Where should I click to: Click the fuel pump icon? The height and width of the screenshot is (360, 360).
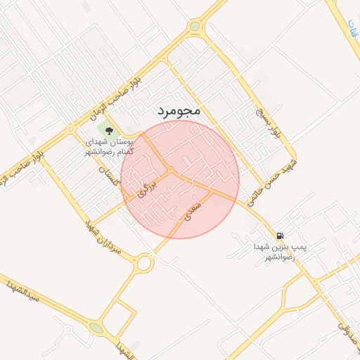281,236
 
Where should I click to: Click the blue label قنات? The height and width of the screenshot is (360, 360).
351,28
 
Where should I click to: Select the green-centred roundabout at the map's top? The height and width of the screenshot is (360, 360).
194,27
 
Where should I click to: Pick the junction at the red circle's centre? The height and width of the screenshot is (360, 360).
172,171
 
